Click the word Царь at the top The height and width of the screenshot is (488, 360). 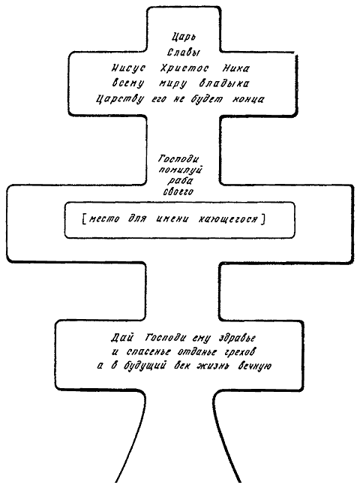coord(184,38)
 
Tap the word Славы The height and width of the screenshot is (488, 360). coord(184,52)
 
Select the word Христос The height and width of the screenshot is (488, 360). coord(184,68)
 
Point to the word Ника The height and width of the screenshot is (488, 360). coord(235,68)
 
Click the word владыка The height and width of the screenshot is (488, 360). coord(223,83)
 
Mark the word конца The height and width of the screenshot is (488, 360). coord(248,99)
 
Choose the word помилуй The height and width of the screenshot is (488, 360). coord(180,170)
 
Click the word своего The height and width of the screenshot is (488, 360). coord(178,191)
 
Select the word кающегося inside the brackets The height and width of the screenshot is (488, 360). coord(228,219)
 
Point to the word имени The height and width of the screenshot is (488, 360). coord(172,219)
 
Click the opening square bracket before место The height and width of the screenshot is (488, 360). coord(84,219)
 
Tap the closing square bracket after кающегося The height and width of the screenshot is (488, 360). coord(263,219)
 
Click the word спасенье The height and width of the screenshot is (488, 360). coord(148,352)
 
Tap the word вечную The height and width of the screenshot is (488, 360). coord(254,366)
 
